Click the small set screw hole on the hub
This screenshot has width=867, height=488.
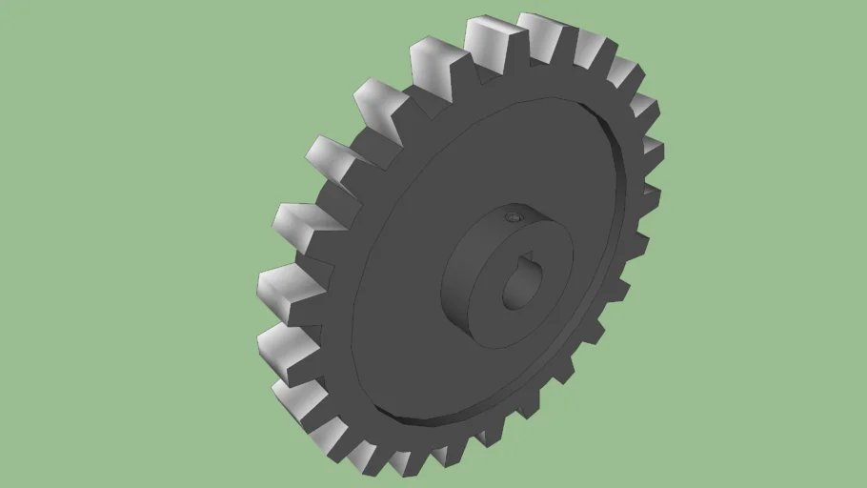[x=514, y=218]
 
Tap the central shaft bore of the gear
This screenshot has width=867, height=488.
[x=520, y=282]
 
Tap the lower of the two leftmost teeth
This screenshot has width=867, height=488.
[x=283, y=343]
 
